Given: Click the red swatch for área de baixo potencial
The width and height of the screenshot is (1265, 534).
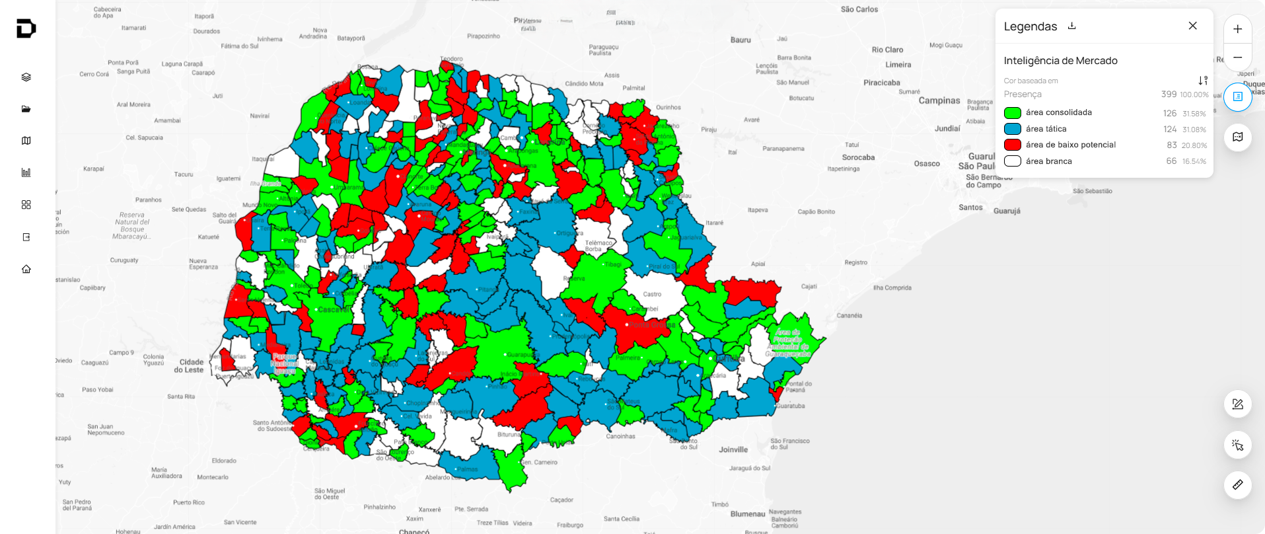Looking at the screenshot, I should (1012, 145).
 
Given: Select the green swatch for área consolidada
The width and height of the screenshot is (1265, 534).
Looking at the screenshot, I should (1012, 113).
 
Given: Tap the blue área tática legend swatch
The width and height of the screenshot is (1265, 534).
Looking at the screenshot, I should (1012, 129).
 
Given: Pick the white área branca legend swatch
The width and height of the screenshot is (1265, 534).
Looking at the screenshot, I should (1012, 161).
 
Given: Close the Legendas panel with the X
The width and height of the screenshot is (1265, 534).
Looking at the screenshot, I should (1192, 26).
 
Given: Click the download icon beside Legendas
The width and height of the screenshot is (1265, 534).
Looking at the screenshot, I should (1072, 26).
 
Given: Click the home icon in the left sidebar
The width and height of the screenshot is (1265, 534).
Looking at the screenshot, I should (26, 269).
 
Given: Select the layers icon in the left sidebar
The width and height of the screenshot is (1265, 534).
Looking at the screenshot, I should (26, 77).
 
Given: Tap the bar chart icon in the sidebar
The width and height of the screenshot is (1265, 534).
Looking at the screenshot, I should (26, 172).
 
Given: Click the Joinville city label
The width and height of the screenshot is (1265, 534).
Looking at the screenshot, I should (733, 450).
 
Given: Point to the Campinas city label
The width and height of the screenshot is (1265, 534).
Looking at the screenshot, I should (939, 101).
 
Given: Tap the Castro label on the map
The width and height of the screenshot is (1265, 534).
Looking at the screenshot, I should (652, 294).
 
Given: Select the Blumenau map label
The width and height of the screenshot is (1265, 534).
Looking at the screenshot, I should (748, 514).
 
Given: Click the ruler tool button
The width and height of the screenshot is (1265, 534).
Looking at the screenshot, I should (1237, 484).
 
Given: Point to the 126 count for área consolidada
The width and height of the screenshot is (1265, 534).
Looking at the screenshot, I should (1169, 113).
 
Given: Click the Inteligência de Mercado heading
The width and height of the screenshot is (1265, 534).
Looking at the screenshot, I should (1060, 61).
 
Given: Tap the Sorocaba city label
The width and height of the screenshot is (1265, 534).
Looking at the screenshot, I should (858, 157).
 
